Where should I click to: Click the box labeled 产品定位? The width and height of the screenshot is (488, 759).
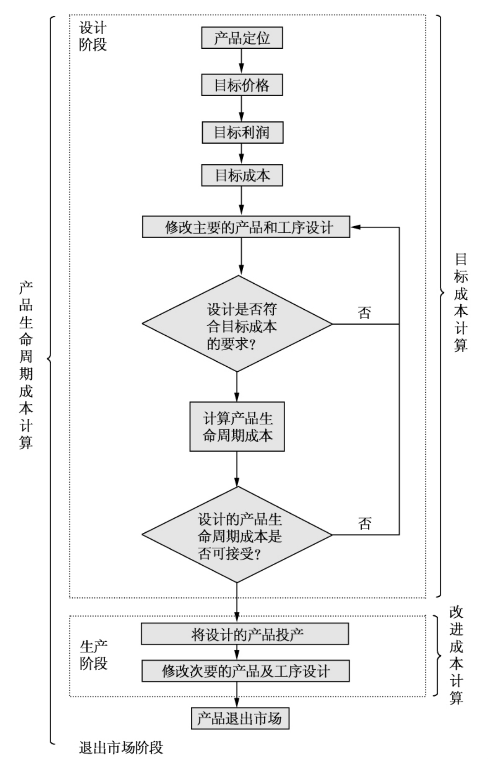pos(242,38)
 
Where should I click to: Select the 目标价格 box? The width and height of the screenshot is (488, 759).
pos(242,85)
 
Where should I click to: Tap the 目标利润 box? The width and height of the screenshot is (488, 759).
pos(242,133)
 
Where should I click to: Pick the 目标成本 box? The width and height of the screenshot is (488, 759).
pos(242,176)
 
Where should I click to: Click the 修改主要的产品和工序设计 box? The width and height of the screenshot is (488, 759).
pos(246,227)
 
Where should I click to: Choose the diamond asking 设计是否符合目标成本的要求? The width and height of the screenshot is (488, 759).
pos(237,324)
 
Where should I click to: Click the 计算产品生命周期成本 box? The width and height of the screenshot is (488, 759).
pos(237,427)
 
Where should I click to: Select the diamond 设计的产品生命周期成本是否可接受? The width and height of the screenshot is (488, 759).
pos(237,535)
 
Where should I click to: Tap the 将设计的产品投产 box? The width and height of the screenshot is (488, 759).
pos(245,634)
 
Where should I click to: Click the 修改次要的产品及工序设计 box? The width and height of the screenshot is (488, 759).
pos(246,671)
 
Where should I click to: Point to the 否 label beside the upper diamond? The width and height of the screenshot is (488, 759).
pos(364,313)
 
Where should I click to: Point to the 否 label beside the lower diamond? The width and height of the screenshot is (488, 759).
pos(364,523)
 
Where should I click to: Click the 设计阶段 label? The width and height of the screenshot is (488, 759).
pos(93,36)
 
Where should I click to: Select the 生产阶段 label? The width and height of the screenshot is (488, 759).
pos(93,655)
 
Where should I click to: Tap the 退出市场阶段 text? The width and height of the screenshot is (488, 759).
pos(121,747)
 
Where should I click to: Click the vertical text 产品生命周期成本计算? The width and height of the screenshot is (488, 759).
pos(26,365)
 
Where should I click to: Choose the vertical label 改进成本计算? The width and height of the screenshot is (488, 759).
pos(456,655)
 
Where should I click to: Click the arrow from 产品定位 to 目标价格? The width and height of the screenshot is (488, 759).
pos(242,62)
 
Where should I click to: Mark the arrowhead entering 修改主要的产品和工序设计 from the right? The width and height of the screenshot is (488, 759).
pos(355,227)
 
